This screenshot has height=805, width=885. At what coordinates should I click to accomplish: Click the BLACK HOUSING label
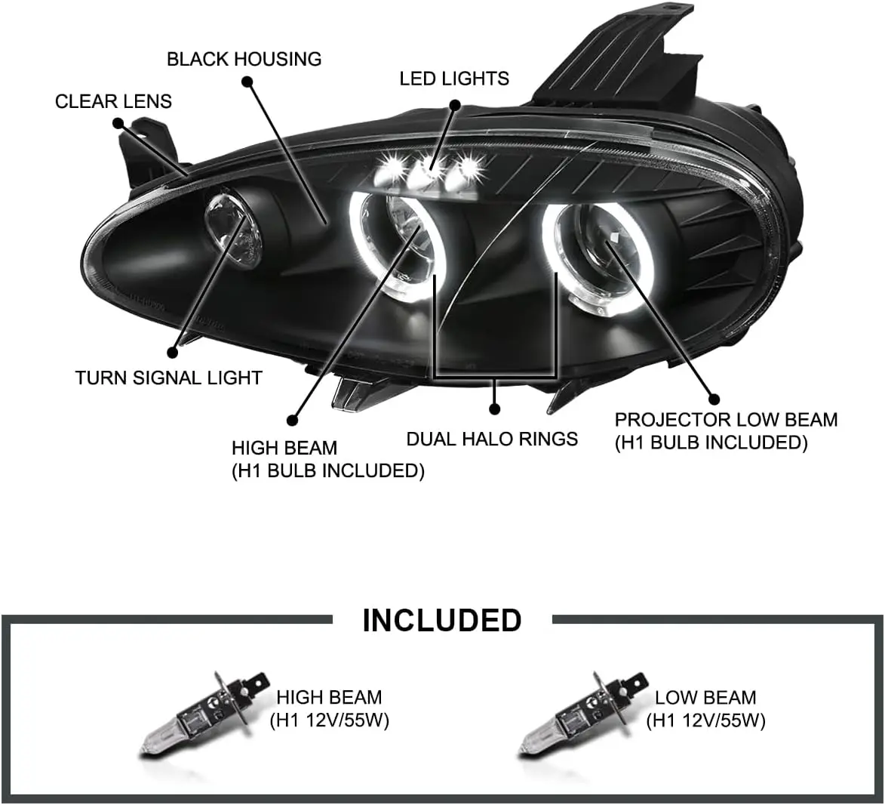pyautogui.click(x=244, y=59)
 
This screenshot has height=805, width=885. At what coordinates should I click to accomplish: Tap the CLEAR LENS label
pyautogui.click(x=113, y=101)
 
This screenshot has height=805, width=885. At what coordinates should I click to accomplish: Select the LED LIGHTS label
pyautogui.click(x=454, y=79)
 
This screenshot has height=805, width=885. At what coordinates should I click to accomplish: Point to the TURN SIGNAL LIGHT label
pyautogui.click(x=168, y=378)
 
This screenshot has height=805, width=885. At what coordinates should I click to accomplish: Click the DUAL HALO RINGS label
pyautogui.click(x=492, y=439)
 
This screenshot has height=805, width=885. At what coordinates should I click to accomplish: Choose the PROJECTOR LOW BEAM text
pyautogui.click(x=726, y=420)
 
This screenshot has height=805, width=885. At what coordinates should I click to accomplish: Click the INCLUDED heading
pyautogui.click(x=442, y=620)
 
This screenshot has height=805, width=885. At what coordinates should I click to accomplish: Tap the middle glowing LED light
pyautogui.click(x=432, y=168)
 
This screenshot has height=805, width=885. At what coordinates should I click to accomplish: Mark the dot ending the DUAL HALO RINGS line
pyautogui.click(x=495, y=409)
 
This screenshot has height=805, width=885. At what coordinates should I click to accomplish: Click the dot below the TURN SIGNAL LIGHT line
pyautogui.click(x=173, y=352)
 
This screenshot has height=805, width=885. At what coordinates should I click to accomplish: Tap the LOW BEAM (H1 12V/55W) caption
pyautogui.click(x=705, y=709)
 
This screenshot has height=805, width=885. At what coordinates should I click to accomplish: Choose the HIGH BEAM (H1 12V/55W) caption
pyautogui.click(x=329, y=708)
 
